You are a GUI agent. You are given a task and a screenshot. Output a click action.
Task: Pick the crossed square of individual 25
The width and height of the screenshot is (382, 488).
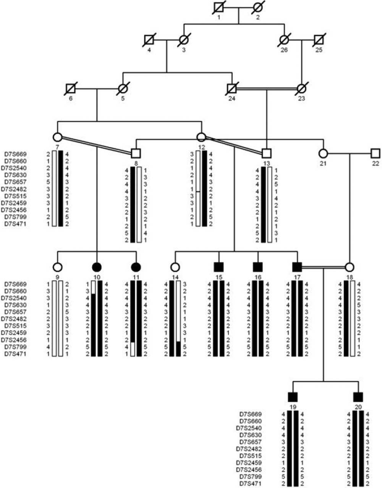(x=319, y=40)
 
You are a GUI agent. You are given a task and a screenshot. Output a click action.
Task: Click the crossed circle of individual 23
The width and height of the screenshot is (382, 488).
(x=302, y=89)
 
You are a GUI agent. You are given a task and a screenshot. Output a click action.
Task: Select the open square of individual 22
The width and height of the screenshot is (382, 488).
(x=376, y=154)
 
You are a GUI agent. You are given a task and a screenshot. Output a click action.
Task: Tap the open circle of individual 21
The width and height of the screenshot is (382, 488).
(x=323, y=154)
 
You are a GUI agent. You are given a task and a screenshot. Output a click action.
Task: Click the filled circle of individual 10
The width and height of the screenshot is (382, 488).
(x=97, y=267)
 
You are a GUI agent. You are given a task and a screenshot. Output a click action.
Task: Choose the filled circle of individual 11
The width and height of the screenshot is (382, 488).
(x=136, y=267)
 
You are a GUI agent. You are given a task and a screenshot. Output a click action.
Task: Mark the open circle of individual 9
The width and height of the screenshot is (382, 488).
(x=58, y=267)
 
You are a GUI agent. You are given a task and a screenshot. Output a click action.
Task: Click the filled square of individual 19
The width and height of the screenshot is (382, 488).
(x=293, y=397)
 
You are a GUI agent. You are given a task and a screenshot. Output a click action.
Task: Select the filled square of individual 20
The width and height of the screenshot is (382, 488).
(x=358, y=397)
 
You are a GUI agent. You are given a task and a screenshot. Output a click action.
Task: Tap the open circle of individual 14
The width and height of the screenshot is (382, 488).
(x=175, y=267)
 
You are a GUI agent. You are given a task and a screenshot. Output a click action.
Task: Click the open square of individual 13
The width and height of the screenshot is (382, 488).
(x=267, y=154)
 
